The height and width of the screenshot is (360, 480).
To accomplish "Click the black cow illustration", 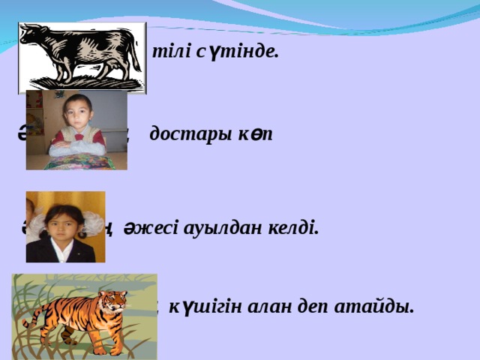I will point(81,57).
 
